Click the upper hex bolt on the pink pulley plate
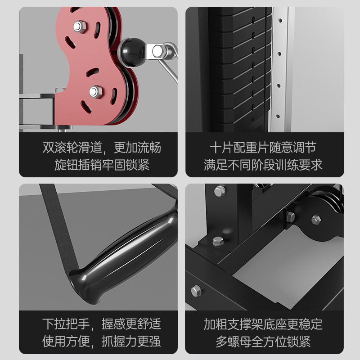point(80,27)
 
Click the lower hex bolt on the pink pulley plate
point(96,92)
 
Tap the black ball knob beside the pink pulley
point(132,52)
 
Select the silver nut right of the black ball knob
point(158,51)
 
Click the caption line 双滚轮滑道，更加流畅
point(102,148)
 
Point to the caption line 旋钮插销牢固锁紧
point(102,165)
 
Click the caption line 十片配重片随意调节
point(263,148)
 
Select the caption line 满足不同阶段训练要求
point(263,165)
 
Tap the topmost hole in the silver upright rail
point(280,21)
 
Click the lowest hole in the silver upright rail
point(278,117)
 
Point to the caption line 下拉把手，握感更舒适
point(102,324)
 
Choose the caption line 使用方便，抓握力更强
point(102,342)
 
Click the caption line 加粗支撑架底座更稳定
point(263,324)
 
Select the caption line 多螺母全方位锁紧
point(263,342)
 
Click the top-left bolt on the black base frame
point(220,191)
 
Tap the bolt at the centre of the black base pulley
point(316,220)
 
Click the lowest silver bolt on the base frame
point(196,291)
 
